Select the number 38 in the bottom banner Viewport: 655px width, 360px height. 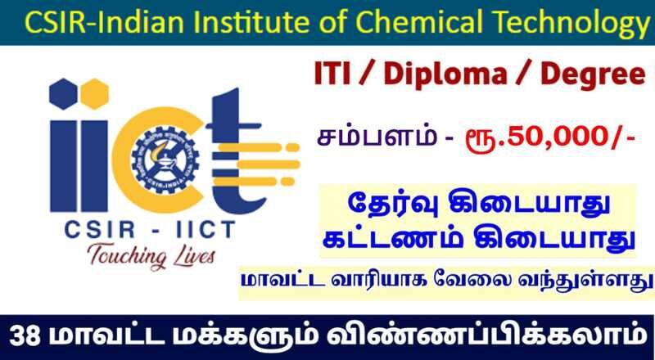pyautogui.click(x=25, y=337)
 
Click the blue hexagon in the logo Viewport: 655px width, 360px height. pyautogui.click(x=63, y=93)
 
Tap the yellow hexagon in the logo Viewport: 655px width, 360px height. pyautogui.click(x=94, y=93)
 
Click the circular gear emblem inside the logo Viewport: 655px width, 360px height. pyautogui.click(x=166, y=160)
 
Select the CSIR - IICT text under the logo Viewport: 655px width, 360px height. pyautogui.click(x=150, y=230)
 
